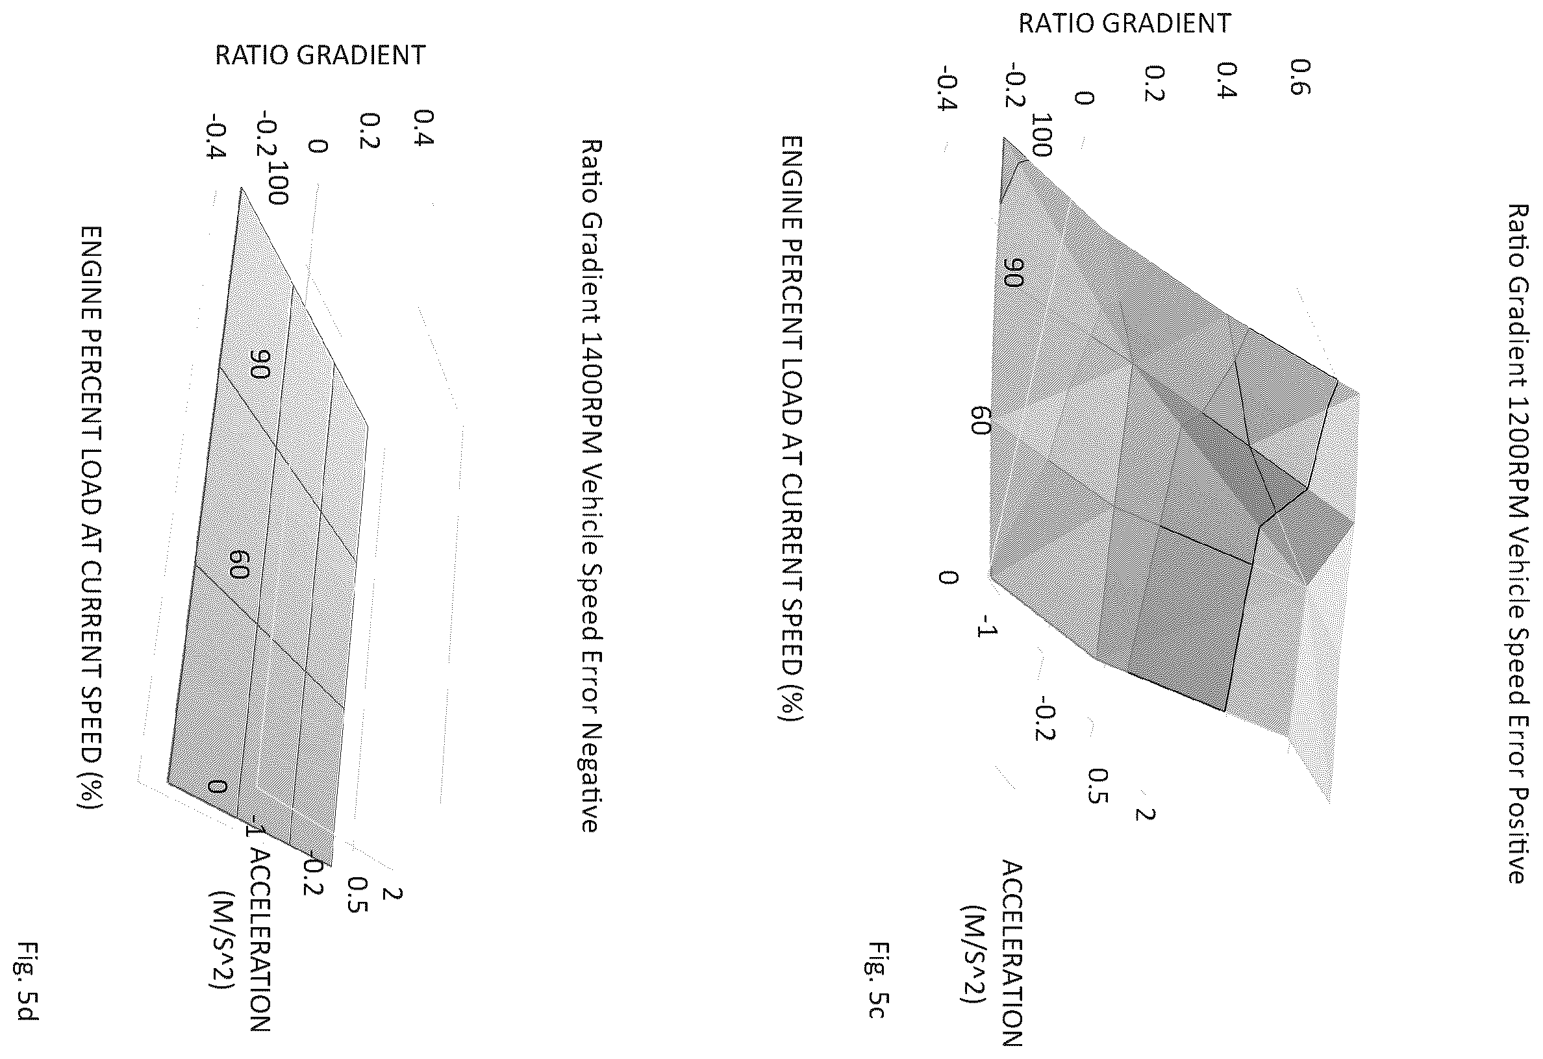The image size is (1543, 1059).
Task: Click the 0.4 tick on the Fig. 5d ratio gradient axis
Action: [x=422, y=128]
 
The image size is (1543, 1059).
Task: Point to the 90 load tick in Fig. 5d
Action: [x=259, y=364]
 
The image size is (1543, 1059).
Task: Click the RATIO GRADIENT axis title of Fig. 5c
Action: [x=1125, y=23]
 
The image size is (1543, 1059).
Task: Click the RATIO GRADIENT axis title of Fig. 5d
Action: [x=320, y=55]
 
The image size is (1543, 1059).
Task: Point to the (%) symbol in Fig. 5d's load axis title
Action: [x=92, y=793]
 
